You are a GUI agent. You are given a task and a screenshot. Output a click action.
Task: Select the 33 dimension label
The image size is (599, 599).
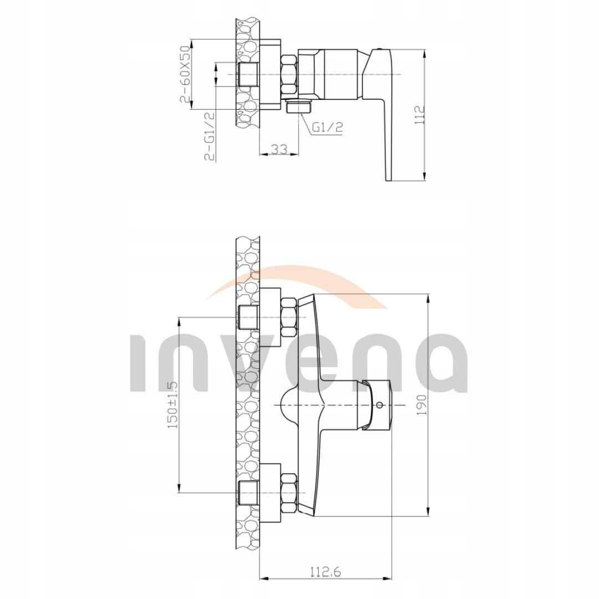[280, 149]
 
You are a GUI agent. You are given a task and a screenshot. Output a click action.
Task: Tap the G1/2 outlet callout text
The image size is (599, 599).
[327, 127]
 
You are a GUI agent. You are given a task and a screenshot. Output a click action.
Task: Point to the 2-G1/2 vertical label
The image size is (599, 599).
[210, 136]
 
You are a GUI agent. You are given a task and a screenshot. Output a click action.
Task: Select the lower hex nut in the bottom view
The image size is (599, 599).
[290, 492]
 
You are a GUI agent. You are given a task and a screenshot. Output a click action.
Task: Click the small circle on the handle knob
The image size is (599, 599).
[379, 405]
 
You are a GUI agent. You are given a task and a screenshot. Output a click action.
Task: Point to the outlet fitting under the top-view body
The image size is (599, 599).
[299, 106]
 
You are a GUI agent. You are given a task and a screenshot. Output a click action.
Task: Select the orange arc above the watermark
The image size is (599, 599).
[311, 277]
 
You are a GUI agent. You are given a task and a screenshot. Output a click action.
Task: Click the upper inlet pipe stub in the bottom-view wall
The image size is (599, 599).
[248, 317]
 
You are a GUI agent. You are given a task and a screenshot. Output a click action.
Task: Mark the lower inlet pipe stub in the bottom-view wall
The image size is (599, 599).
[248, 492]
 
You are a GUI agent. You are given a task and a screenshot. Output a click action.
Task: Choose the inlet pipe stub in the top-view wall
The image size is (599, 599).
[248, 74]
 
